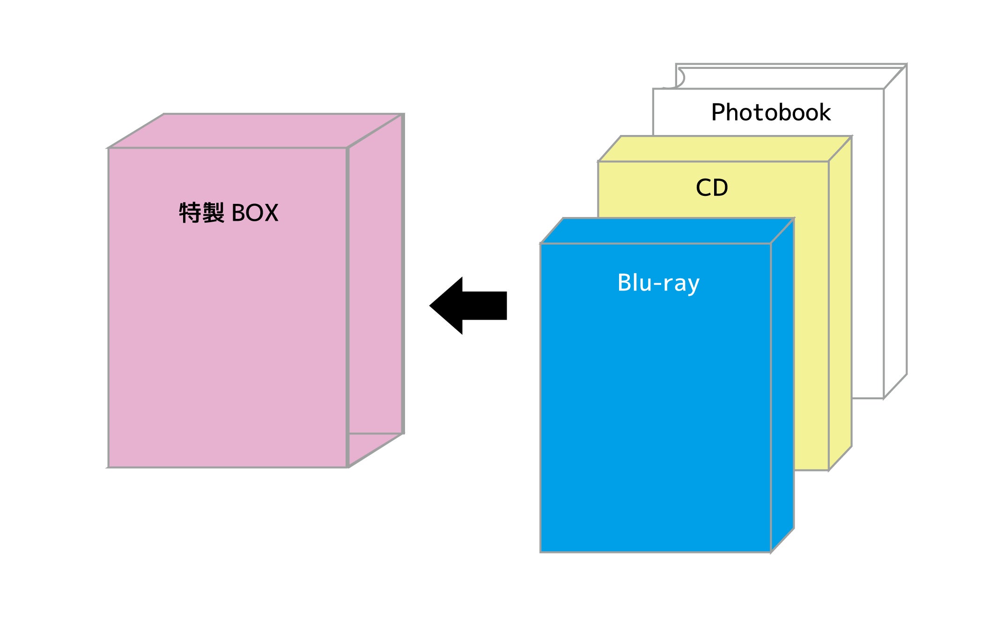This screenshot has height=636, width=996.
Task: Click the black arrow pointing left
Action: click(x=468, y=306)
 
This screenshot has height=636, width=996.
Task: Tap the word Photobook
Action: click(x=770, y=112)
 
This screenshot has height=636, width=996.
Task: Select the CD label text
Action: click(x=712, y=188)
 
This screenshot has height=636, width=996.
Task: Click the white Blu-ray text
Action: click(x=658, y=283)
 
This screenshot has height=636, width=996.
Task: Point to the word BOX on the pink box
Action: click(x=255, y=213)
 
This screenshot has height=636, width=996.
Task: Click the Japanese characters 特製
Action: click(x=202, y=213)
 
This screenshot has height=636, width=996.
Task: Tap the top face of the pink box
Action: click(x=255, y=131)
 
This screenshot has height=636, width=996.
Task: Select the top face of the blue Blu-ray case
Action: click(x=667, y=231)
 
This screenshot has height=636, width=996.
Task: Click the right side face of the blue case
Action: click(x=782, y=384)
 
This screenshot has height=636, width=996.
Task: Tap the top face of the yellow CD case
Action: click(x=725, y=149)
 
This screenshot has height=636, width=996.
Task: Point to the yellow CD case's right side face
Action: click(x=840, y=305)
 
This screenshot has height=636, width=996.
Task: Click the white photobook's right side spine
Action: click(x=895, y=234)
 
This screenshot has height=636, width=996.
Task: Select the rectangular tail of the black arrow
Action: click(x=485, y=306)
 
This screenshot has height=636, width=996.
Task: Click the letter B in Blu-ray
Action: click(x=625, y=283)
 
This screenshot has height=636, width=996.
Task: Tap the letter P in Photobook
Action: click(x=718, y=112)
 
